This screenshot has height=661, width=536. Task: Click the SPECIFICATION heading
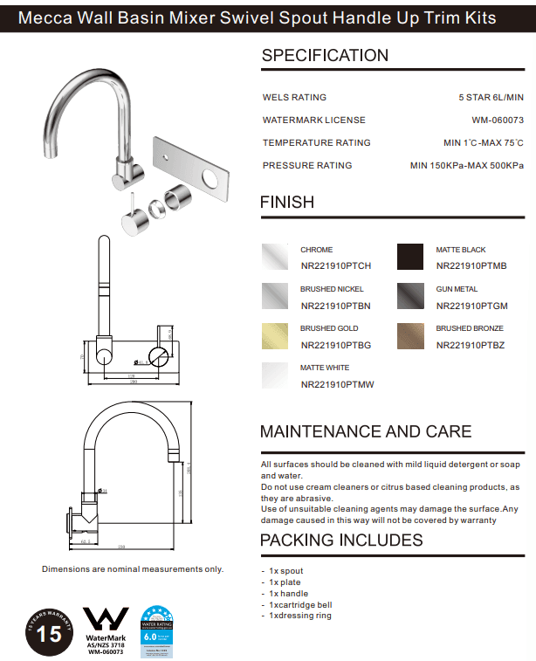[325, 56]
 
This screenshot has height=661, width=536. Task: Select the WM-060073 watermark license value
[491, 120]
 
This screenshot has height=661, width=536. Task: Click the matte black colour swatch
[409, 257]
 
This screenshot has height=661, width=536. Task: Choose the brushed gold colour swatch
[276, 336]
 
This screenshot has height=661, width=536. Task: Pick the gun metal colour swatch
[409, 297]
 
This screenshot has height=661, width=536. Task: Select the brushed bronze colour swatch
[409, 336]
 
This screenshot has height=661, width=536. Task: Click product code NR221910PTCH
[336, 266]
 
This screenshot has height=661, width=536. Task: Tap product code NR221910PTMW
[337, 384]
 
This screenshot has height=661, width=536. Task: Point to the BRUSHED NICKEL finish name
[332, 289]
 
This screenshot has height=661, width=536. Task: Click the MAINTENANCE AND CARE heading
[366, 432]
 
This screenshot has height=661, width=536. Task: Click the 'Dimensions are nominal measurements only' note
[133, 569]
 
